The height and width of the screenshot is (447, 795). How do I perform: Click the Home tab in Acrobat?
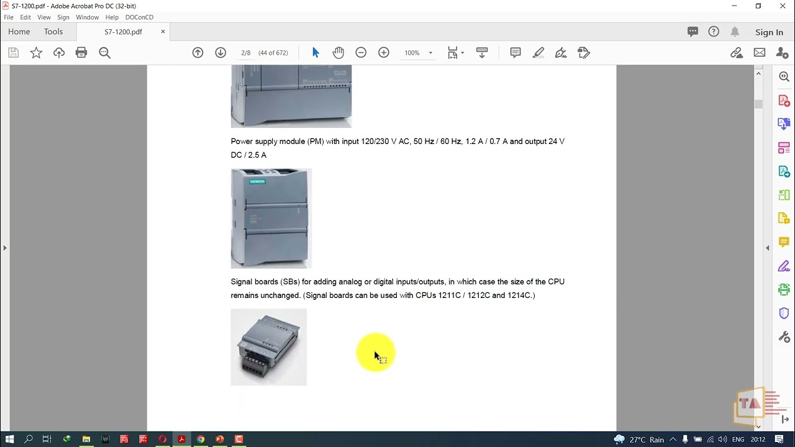pyautogui.click(x=19, y=32)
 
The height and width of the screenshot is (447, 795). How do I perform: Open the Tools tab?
pyautogui.click(x=53, y=32)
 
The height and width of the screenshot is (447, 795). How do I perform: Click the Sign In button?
pyautogui.click(x=769, y=32)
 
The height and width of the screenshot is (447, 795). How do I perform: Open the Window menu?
pyautogui.click(x=87, y=17)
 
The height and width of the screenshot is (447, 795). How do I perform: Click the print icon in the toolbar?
pyautogui.click(x=81, y=53)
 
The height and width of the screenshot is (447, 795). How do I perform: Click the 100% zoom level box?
pyautogui.click(x=412, y=53)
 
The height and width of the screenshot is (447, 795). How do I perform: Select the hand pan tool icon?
pyautogui.click(x=338, y=53)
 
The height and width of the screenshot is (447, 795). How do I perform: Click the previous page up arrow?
pyautogui.click(x=198, y=53)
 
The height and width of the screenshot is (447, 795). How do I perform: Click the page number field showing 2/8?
pyautogui.click(x=246, y=53)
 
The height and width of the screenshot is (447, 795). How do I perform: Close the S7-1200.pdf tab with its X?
pyautogui.click(x=163, y=32)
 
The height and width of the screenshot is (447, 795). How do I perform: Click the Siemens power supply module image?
pyautogui.click(x=271, y=219)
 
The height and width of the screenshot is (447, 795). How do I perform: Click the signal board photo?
pyautogui.click(x=268, y=347)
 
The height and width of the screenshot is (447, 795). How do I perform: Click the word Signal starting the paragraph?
pyautogui.click(x=242, y=282)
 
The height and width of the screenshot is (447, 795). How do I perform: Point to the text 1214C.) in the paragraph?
pyautogui.click(x=521, y=296)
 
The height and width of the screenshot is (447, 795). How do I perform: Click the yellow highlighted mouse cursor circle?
pyautogui.click(x=375, y=353)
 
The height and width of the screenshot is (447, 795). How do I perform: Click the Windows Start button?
pyautogui.click(x=9, y=440)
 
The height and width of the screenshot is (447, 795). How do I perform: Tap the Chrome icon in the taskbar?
pyautogui.click(x=201, y=440)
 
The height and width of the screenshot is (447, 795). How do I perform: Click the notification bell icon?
pyautogui.click(x=735, y=32)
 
